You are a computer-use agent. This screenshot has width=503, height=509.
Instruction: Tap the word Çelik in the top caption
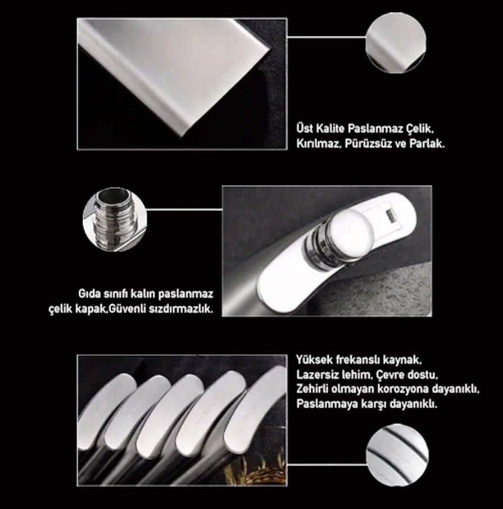tap(420, 129)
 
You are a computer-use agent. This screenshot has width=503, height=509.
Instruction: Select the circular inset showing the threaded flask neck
tap(115, 219)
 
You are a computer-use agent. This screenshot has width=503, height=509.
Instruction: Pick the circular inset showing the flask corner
tap(396, 43)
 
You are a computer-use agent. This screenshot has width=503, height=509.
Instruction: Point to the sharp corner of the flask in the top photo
tap(269, 49)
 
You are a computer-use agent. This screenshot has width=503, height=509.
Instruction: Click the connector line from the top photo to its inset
tap(327, 37)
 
